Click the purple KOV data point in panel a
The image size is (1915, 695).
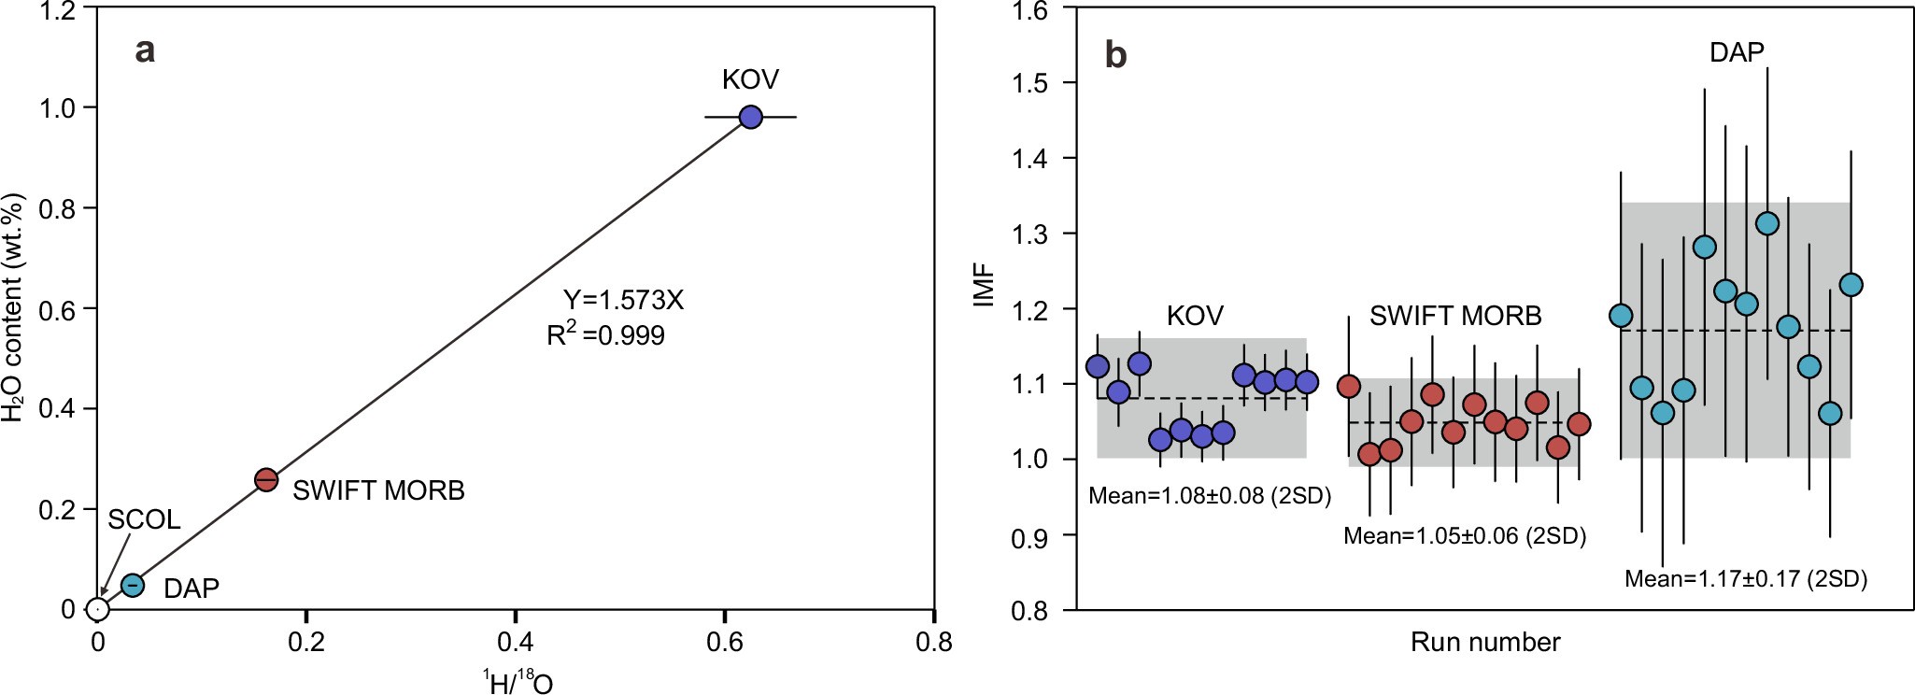click(750, 117)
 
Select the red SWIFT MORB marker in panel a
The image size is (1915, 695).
click(266, 479)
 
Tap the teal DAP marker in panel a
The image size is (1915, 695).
click(133, 585)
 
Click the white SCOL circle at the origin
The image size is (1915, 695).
click(98, 609)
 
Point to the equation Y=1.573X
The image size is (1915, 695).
click(623, 300)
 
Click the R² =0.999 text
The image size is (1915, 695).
click(605, 335)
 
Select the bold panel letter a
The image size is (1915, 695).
click(145, 50)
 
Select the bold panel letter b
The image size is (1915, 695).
click(1115, 55)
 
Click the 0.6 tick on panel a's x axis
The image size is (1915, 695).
click(724, 642)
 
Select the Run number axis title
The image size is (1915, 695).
click(1485, 643)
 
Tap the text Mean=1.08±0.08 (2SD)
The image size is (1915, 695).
click(1210, 496)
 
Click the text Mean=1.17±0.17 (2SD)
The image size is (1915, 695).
click(1745, 579)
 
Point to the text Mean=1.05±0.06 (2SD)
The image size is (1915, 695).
click(1465, 536)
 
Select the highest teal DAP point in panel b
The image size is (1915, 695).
click(1767, 223)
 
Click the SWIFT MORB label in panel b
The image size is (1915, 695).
click(1455, 317)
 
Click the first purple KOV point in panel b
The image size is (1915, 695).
click(1098, 366)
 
